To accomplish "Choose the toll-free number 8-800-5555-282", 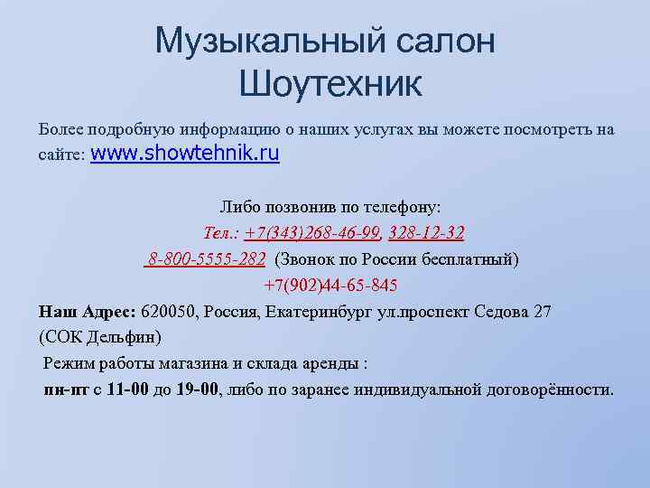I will pos(207,259).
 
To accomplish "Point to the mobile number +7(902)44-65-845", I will pos(330,286).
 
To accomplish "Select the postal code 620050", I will pos(168,312).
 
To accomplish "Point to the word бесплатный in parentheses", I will pos(470,259).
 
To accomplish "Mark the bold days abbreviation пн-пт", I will pos(65,389).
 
